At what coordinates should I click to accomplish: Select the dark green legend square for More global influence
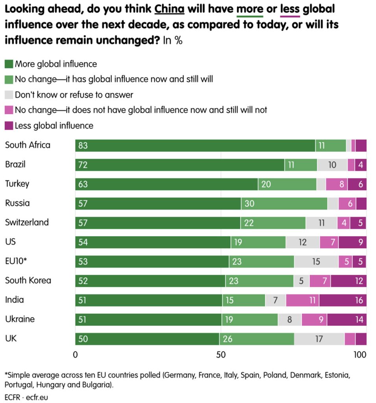pos(9,64)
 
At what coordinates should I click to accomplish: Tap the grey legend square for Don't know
pos(9,95)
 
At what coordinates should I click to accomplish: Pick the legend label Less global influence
pos(54,126)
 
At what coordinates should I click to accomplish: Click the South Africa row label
pos(28,145)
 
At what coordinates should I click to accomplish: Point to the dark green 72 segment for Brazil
pos(180,165)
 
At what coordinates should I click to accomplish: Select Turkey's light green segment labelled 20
pos(287,184)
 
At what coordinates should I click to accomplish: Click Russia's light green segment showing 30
pos(284,203)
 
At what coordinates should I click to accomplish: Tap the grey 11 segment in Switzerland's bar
pos(321,223)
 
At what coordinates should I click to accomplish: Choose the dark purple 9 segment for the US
pos(352,242)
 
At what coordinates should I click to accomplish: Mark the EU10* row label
pos(16,261)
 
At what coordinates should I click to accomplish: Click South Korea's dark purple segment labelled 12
pos(348,281)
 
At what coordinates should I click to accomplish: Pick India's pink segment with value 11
pos(302,300)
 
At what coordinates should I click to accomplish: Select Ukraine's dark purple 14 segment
pos(347,320)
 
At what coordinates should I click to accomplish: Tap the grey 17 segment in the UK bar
pos(319,339)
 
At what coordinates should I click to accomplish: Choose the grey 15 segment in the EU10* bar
pos(316,262)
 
